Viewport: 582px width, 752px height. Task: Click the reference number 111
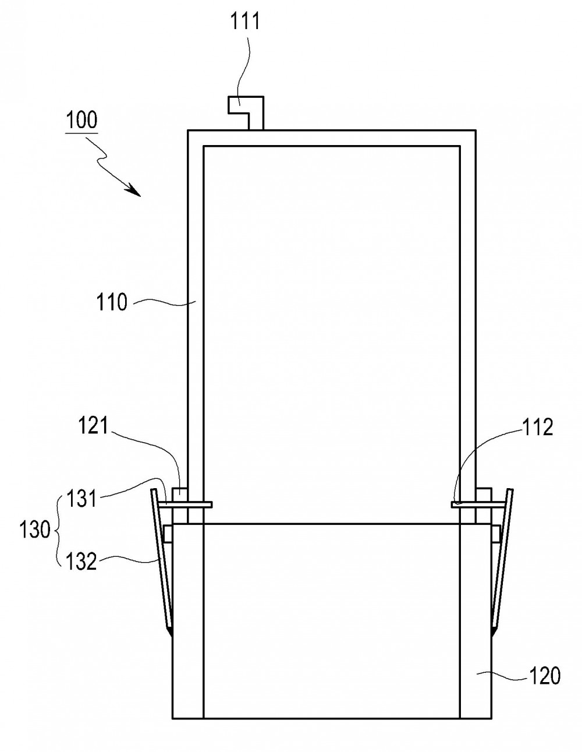pos(244,21)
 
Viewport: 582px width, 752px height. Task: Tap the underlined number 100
pos(81,120)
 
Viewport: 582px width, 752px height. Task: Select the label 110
pos(112,302)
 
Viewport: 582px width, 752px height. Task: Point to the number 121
pos(93,425)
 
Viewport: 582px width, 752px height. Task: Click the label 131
pos(81,499)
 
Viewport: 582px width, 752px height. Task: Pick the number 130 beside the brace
pos(35,530)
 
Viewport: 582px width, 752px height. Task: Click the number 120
pos(544,676)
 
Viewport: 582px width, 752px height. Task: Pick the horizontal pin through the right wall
pos(478,505)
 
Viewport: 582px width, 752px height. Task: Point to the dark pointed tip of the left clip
pos(170,630)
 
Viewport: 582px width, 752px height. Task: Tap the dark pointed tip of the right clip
pos(494,630)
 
